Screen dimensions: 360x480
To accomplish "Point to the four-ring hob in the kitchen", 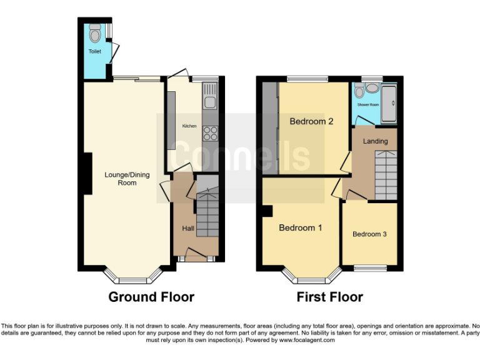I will tap(210, 132).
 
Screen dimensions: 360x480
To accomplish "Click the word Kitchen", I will tap(189, 126).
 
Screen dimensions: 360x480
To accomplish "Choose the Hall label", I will tap(187, 229).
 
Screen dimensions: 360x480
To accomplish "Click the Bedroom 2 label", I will tap(311, 121).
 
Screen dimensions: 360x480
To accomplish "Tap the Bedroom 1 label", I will tap(300, 227).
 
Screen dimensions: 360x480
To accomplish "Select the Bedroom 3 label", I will tap(369, 234).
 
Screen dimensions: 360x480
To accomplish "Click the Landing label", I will tap(376, 141).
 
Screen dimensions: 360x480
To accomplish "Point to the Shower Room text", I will tap(368, 105).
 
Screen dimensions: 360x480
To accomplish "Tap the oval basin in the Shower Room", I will tap(359, 92).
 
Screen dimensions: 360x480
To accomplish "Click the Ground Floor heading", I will tap(151, 297).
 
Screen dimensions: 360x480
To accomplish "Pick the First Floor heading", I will tap(329, 297).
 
